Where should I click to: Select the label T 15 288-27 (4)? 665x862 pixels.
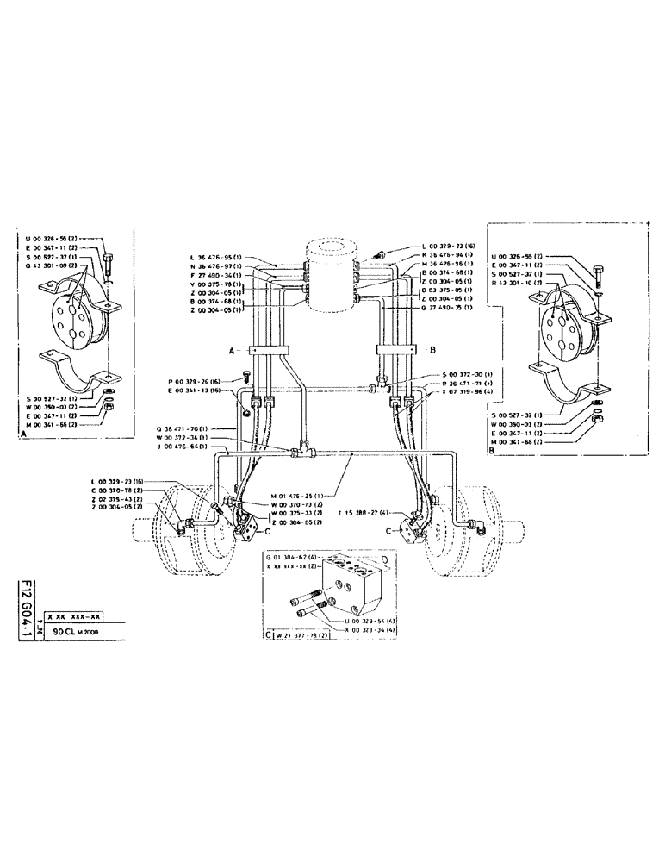click(x=365, y=513)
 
